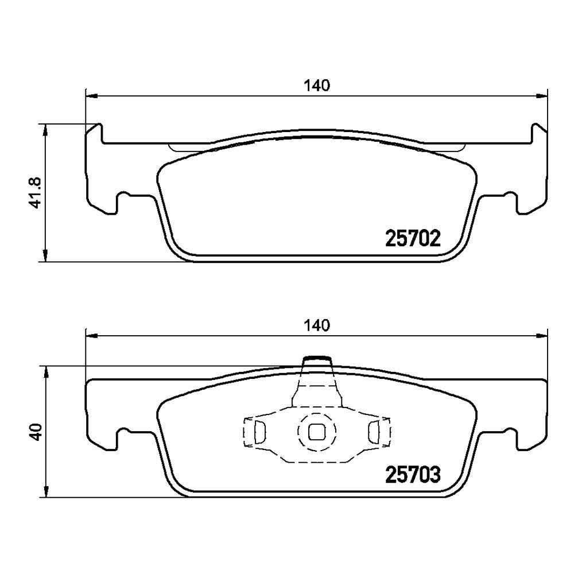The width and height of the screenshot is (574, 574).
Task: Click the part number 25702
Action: (413, 239)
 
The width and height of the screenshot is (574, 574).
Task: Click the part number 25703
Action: (413, 475)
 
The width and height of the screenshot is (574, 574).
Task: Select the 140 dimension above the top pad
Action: (317, 86)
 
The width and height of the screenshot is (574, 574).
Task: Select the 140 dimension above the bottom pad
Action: (317, 325)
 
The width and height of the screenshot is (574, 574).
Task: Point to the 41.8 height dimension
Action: (37, 193)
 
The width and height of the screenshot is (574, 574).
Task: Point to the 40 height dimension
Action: (37, 432)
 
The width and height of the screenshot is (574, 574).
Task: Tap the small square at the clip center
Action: (316, 432)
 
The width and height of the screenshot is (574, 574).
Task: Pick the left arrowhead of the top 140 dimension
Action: (91, 96)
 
